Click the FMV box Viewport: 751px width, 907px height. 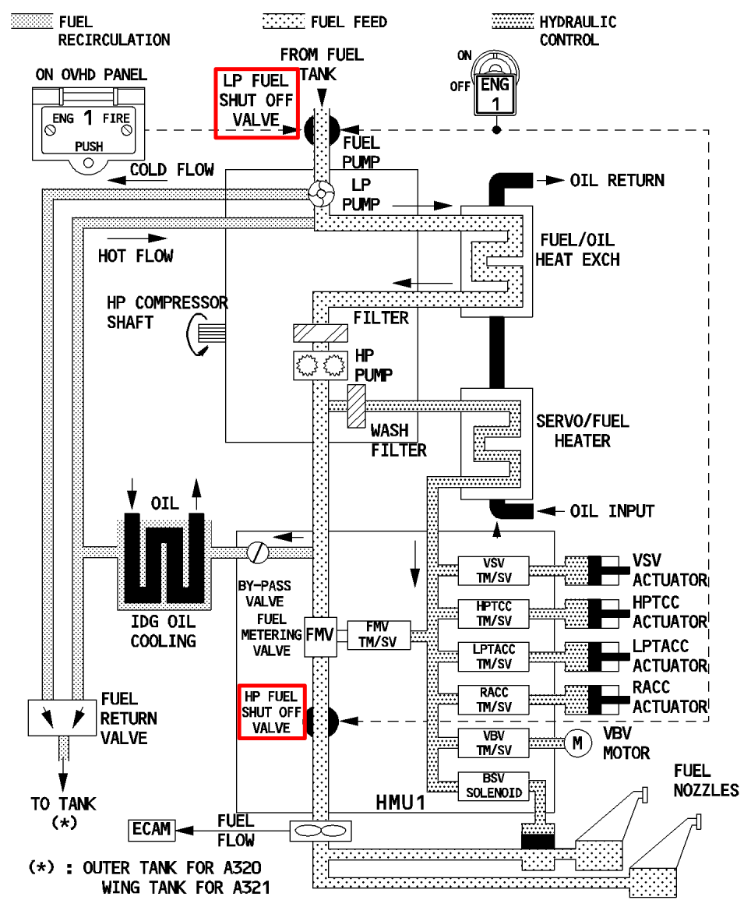coord(320,635)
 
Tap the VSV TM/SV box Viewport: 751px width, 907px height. coord(493,569)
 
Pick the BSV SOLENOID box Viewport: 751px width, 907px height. coord(493,786)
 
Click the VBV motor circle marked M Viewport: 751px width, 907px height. coord(577,743)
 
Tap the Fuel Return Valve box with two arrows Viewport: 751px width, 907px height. coord(60,718)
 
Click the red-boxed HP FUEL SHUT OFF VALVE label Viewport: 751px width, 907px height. coord(272,711)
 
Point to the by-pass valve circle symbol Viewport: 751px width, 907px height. coord(257,551)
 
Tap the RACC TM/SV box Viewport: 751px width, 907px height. coord(493,700)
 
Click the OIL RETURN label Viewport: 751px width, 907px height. coord(617,180)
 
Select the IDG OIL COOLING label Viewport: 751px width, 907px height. coord(163,631)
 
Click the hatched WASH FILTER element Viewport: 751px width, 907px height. coord(357,405)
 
